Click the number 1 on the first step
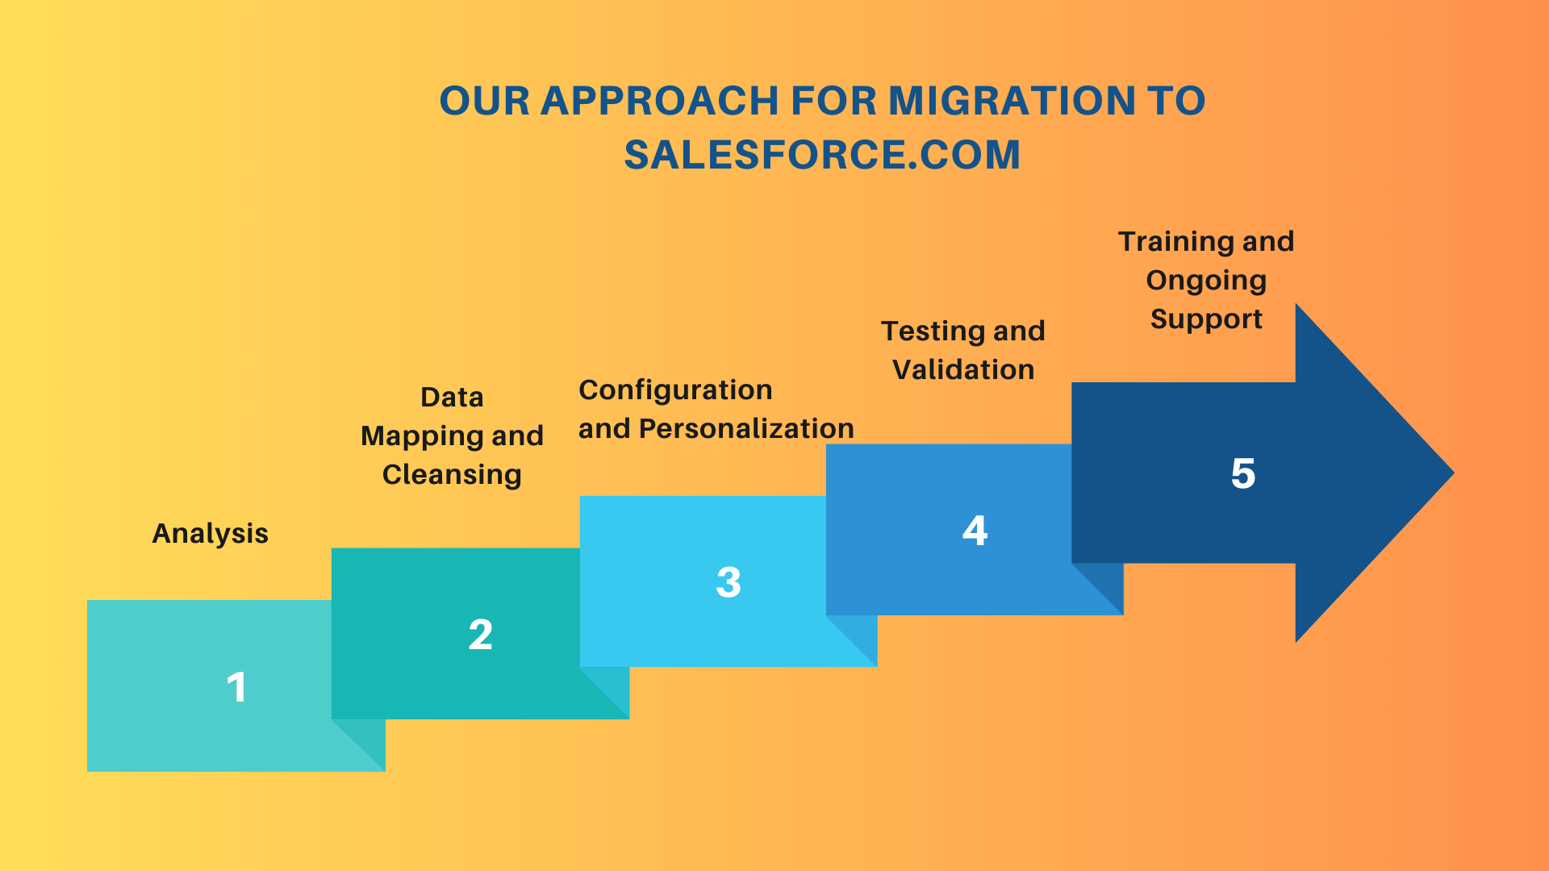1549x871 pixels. pos(236,688)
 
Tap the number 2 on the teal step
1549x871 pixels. pos(481,635)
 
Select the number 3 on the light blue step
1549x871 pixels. pos(729,582)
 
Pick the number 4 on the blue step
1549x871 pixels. pos(975,531)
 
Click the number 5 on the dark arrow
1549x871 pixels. pos(1243,473)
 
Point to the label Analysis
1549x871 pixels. pos(211,533)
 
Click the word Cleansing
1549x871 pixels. pos(452,474)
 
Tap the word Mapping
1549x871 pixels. pos(422,436)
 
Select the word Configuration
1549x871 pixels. pos(676,390)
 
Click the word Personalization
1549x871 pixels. pos(746,428)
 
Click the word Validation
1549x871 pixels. pos(963,369)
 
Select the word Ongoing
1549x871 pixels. pos(1206,281)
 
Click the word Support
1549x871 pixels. pos(1206,319)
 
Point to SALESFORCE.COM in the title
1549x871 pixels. pos(822,155)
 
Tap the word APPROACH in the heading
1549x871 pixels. pos(659,101)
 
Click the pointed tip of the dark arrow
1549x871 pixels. pos(1454,473)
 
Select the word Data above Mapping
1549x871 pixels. pos(452,398)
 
